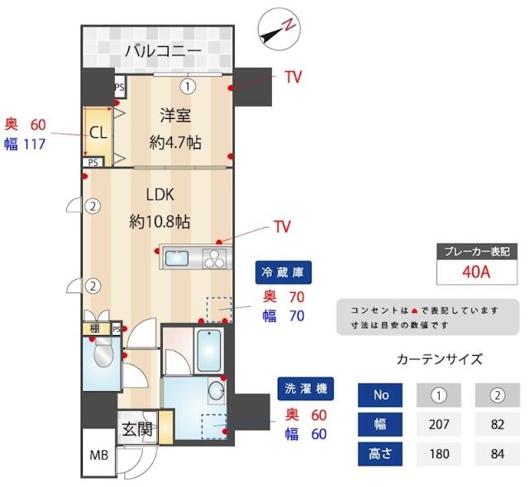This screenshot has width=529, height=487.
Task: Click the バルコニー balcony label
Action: tap(163, 52)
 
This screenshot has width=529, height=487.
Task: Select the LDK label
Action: tap(160, 196)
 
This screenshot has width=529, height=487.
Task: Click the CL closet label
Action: tap(98, 132)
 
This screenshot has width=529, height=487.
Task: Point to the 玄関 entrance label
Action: tap(136, 429)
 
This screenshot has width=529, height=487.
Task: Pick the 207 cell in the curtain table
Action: tap(439, 424)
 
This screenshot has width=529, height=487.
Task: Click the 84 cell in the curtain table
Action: tap(497, 453)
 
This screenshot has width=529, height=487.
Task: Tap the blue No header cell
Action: tap(381, 395)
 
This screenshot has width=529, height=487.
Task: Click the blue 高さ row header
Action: tap(381, 453)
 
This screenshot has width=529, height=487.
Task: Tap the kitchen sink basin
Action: tap(178, 258)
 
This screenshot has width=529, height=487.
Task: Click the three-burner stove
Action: tap(214, 258)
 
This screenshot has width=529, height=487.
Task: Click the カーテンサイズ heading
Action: tap(439, 359)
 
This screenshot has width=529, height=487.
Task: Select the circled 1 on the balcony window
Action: tap(188, 84)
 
